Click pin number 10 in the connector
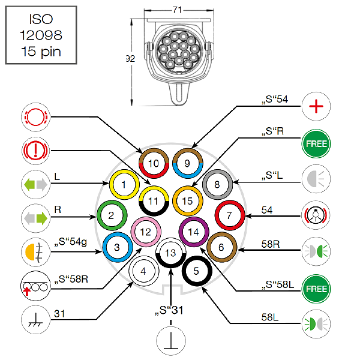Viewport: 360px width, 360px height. (154, 163)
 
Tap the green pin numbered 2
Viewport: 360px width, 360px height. (112, 214)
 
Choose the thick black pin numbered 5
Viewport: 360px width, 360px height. (196, 271)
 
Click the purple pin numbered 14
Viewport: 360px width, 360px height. (193, 232)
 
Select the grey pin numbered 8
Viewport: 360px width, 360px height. (217, 185)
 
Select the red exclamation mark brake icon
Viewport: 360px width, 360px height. (35, 149)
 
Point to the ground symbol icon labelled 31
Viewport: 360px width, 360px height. (35, 318)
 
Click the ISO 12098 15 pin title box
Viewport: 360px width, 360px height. (41, 37)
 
